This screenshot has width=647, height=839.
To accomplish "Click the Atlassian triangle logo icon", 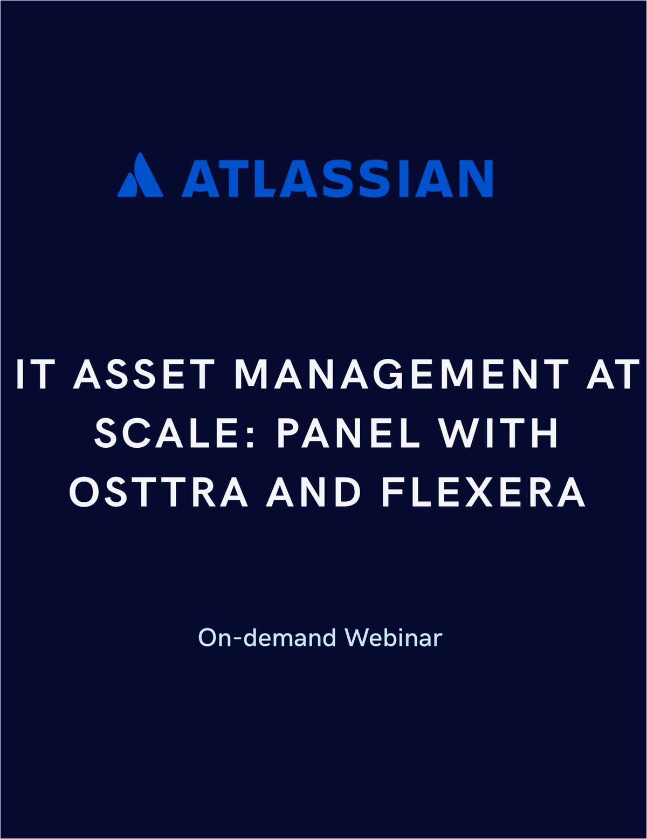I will [140, 175].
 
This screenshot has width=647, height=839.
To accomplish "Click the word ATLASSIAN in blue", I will [338, 178].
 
